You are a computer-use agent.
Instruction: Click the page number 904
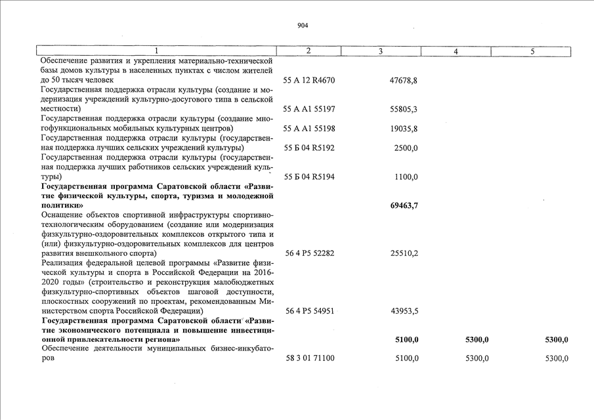click(x=302, y=26)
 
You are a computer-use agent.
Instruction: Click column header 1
click(x=156, y=51)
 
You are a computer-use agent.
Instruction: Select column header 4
click(x=456, y=51)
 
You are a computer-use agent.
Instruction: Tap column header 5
click(x=532, y=51)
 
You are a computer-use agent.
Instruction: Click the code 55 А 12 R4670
click(x=308, y=80)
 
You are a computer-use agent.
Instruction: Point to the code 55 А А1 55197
click(x=308, y=109)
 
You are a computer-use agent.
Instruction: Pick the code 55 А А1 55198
click(x=308, y=129)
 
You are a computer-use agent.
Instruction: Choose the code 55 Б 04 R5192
click(x=308, y=148)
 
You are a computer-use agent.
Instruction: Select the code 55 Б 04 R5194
click(x=308, y=177)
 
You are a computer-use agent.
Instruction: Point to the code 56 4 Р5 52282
click(x=308, y=253)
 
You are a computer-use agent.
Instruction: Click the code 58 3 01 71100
click(x=311, y=358)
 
